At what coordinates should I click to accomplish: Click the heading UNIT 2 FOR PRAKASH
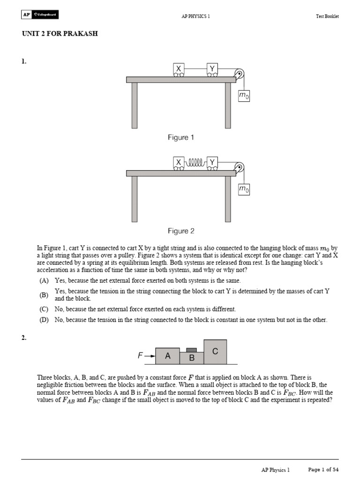click(60, 34)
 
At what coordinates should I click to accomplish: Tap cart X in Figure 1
click(179, 69)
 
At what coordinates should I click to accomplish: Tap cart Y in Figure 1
click(212, 69)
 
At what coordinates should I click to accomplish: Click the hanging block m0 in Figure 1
click(244, 96)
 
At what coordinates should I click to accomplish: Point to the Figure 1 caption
click(181, 137)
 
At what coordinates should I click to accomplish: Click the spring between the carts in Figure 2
click(195, 163)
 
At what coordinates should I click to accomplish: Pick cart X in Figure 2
click(179, 163)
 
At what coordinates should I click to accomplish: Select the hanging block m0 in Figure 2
click(244, 189)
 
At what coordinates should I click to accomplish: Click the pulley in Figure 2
click(239, 167)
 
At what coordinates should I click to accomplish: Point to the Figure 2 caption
click(181, 231)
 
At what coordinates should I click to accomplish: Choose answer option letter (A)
click(44, 280)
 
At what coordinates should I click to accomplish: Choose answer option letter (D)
click(44, 320)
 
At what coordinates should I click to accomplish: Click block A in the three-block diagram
click(167, 356)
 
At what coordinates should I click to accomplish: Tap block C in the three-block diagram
click(215, 352)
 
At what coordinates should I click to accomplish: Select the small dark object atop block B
click(191, 350)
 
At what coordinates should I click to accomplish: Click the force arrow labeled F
click(146, 356)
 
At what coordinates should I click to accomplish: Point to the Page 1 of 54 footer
click(323, 469)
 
